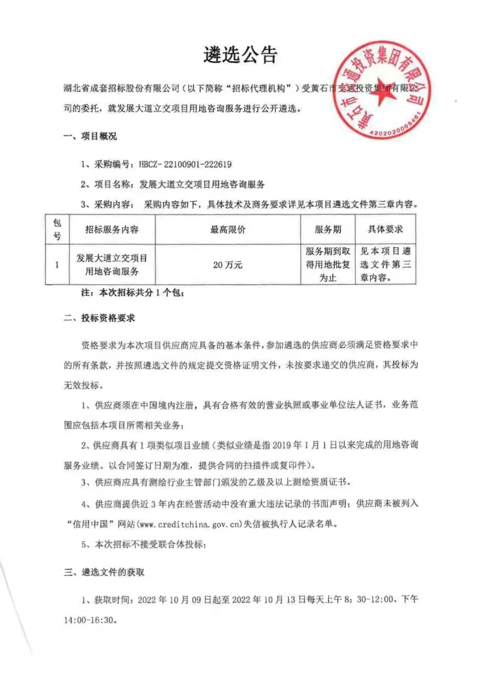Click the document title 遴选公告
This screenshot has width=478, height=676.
tap(240, 55)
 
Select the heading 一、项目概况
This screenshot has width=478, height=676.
tap(90, 136)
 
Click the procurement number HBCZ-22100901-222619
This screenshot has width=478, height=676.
tap(185, 164)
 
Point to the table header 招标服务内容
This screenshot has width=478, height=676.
tap(112, 230)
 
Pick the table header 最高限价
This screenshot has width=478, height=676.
tap(227, 230)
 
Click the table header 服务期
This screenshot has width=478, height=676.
tap(328, 230)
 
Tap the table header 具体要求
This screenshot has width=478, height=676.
tap(385, 230)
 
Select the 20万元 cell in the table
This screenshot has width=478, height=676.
tap(227, 265)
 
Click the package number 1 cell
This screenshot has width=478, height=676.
tap(57, 265)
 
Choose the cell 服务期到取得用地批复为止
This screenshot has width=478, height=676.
tap(328, 265)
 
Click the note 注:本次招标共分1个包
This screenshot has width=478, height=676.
tap(133, 293)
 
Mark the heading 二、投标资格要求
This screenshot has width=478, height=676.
tap(99, 318)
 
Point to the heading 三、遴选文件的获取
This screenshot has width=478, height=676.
tap(104, 572)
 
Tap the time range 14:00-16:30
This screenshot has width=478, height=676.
tap(89, 620)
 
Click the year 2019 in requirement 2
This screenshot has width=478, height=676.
tap(281, 445)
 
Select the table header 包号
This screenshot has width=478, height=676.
tap(57, 230)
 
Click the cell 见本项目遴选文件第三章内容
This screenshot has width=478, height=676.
tap(385, 265)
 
